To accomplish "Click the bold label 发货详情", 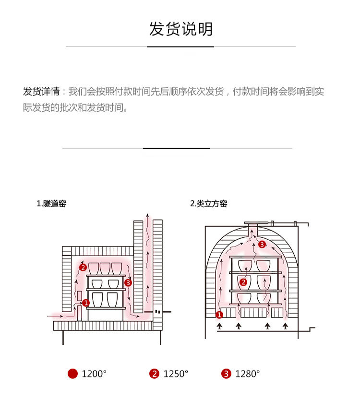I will tap(41, 92).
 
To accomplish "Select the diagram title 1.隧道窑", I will tap(51, 204).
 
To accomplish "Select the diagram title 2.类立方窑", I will tap(208, 204).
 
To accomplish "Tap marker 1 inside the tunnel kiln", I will tap(86, 303).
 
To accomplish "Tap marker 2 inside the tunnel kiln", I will tap(83, 267).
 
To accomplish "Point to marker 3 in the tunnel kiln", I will tap(128, 283).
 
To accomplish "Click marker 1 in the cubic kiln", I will tap(219, 315).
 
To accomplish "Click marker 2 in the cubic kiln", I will tap(243, 282).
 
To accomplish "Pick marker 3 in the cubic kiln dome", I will tap(262, 245).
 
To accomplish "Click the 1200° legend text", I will tap(94, 374).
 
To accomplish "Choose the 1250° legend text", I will tap(176, 374).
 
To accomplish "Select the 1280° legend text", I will tap(247, 374).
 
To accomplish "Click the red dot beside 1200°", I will tap(72, 374).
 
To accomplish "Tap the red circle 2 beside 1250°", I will tap(154, 374).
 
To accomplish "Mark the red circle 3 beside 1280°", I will tap(226, 374).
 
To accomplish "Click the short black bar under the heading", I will tap(180, 47).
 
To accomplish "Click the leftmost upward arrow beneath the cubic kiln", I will tap(220, 327).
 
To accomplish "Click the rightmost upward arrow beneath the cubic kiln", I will tap(286, 327).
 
